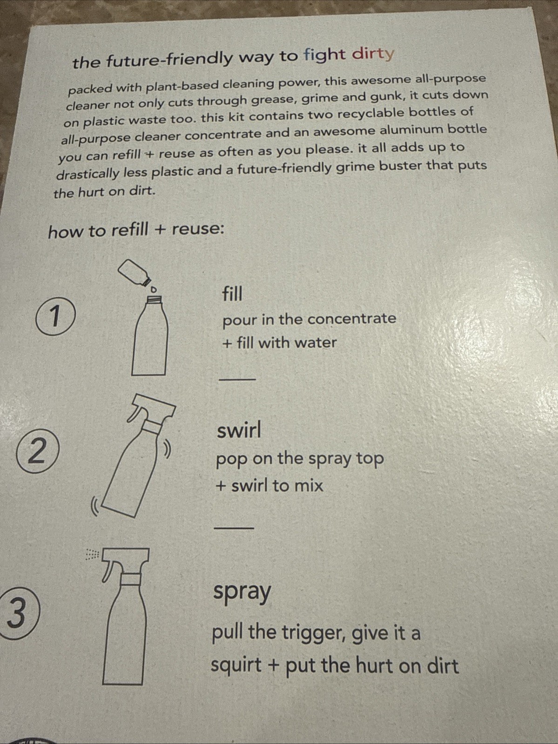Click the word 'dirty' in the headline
(x=373, y=54)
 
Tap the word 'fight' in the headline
(x=324, y=55)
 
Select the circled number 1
(x=55, y=316)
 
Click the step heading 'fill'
(x=232, y=294)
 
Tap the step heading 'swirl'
(x=239, y=430)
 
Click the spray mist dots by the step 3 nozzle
(x=92, y=554)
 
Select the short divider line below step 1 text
(x=237, y=379)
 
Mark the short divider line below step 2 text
(x=234, y=528)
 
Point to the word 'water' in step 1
(x=315, y=343)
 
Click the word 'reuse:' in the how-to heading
(x=198, y=229)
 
